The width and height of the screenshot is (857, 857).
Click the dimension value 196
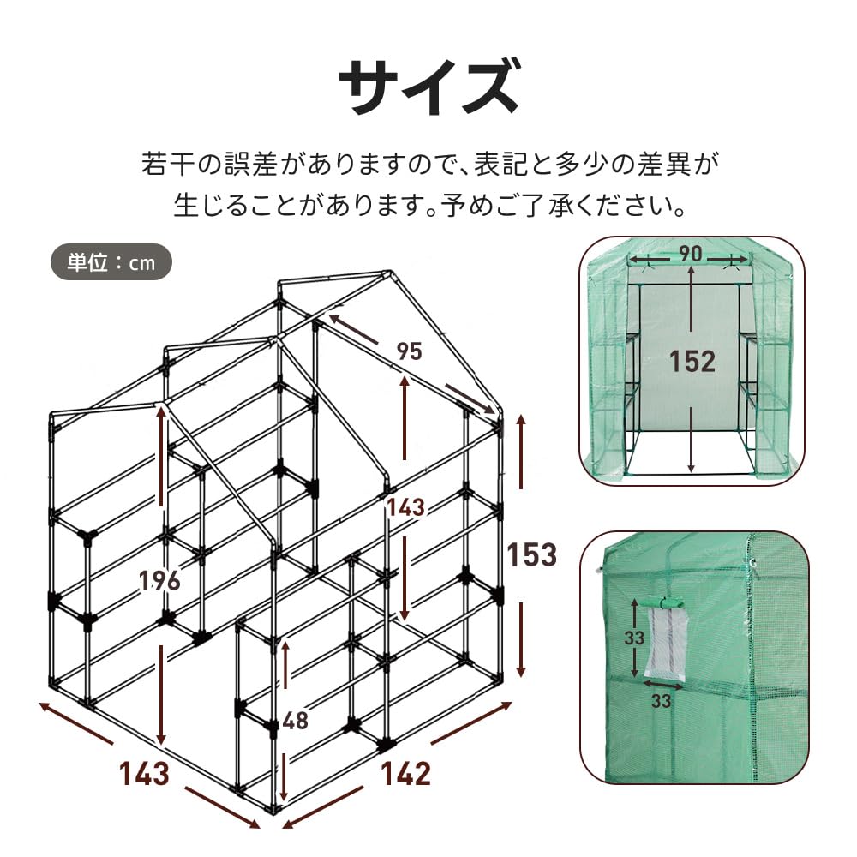(x=160, y=580)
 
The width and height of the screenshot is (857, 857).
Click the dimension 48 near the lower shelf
(x=295, y=721)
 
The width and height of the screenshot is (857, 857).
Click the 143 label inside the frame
(x=405, y=506)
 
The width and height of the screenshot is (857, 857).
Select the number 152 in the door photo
(x=692, y=361)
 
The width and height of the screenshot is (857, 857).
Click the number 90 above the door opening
(x=692, y=255)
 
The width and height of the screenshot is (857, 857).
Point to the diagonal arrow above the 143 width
(x=77, y=725)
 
